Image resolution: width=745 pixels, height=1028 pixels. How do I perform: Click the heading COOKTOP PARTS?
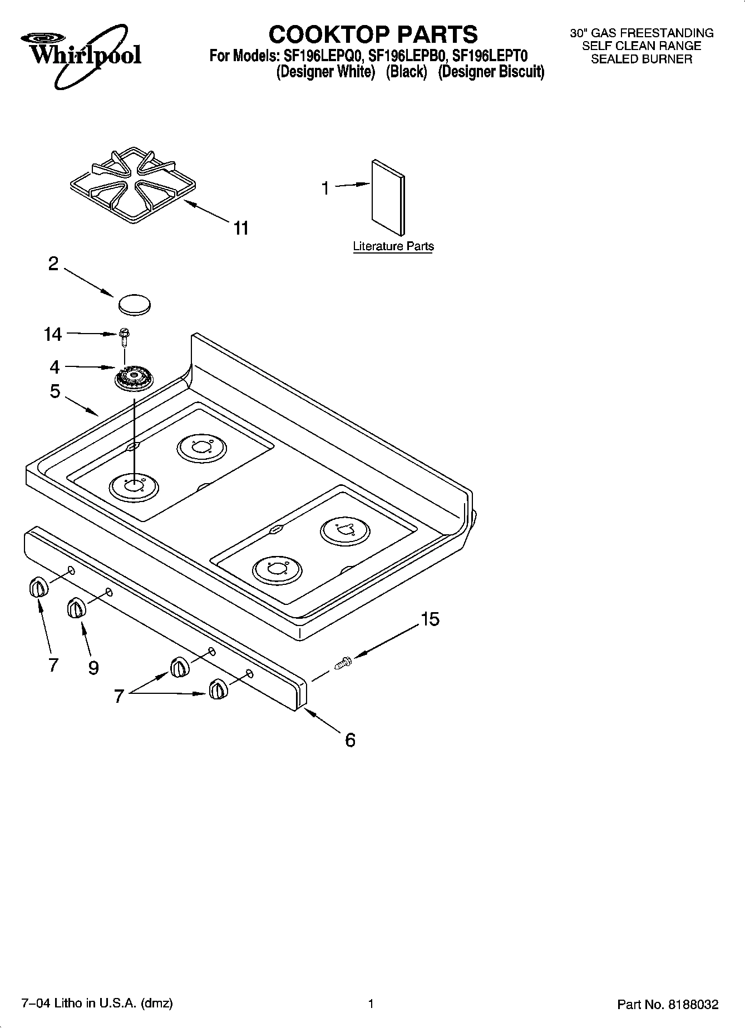(x=373, y=34)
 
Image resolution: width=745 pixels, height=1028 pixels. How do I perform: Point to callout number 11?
(x=241, y=228)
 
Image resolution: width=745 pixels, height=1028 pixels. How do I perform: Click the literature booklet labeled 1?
(x=388, y=197)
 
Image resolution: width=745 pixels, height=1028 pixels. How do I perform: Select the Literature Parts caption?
(x=393, y=246)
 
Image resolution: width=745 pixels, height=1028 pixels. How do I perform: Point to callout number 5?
(x=55, y=391)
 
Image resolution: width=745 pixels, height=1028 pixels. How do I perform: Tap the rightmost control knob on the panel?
(x=218, y=690)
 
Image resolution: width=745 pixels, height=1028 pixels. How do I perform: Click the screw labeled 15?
(x=343, y=662)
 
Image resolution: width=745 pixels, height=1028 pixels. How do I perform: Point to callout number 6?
(x=350, y=740)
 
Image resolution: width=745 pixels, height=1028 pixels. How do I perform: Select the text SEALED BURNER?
(x=642, y=59)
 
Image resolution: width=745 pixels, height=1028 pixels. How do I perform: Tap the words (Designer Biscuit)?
(x=491, y=72)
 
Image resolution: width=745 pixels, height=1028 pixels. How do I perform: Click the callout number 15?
(x=430, y=619)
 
